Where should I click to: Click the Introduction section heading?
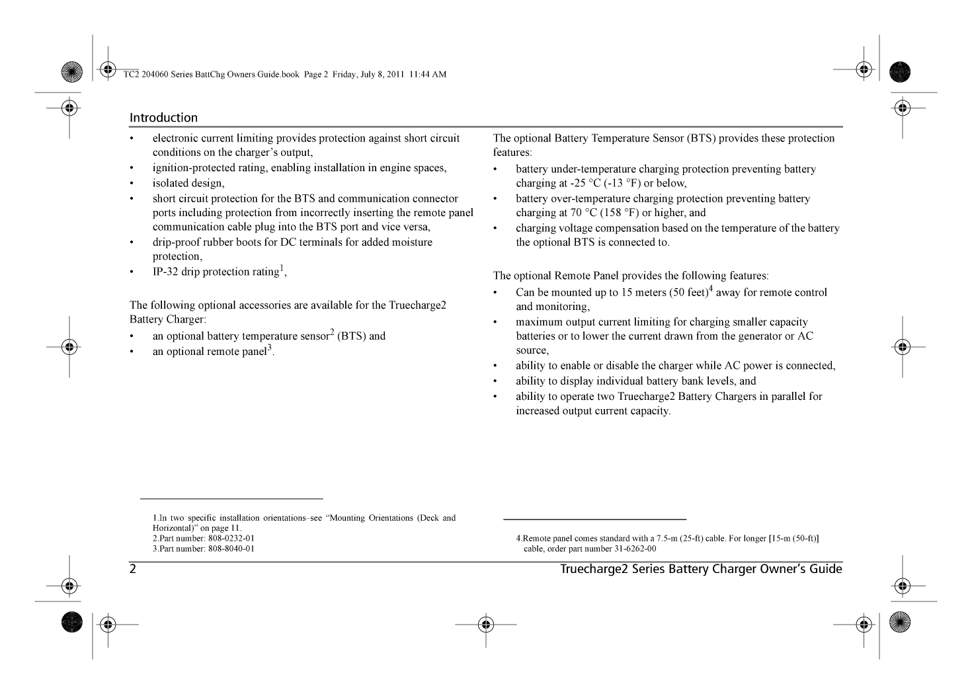163,118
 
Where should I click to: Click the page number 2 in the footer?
133,569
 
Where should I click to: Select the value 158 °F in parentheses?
617,213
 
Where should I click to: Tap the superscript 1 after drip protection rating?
282,268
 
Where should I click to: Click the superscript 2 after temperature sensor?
332,332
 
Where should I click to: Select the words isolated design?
188,183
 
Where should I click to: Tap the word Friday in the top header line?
344,74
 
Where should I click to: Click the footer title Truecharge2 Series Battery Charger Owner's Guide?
701,569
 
